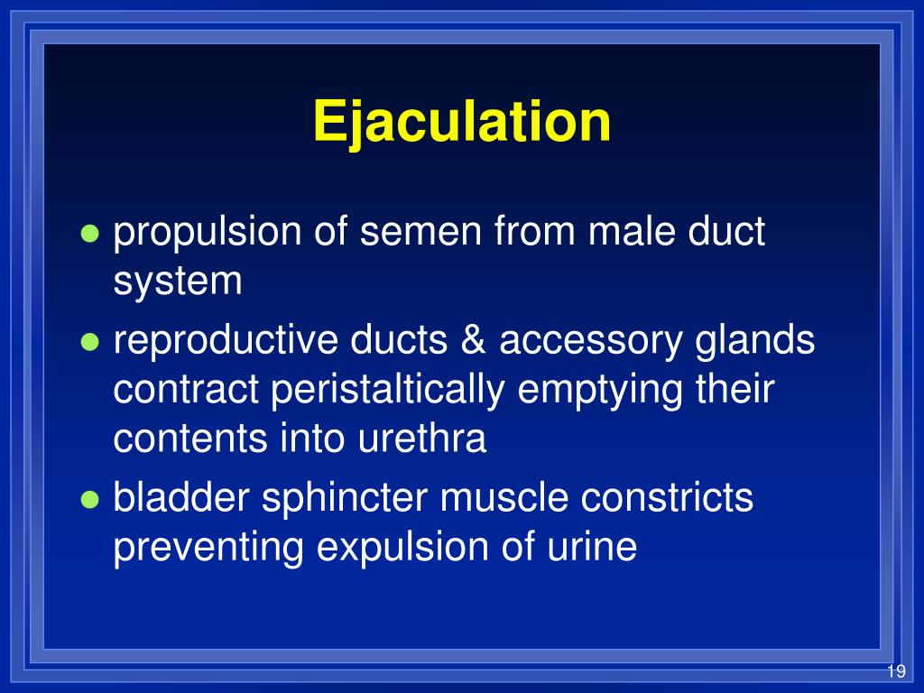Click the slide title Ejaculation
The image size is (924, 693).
[462, 122]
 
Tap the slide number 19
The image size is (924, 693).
[895, 671]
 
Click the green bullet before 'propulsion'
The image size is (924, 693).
[88, 234]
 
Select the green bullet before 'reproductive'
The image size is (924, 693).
[88, 342]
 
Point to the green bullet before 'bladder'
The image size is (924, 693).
[88, 499]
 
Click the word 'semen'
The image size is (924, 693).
[411, 233]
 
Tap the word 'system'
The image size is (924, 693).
[178, 282]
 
